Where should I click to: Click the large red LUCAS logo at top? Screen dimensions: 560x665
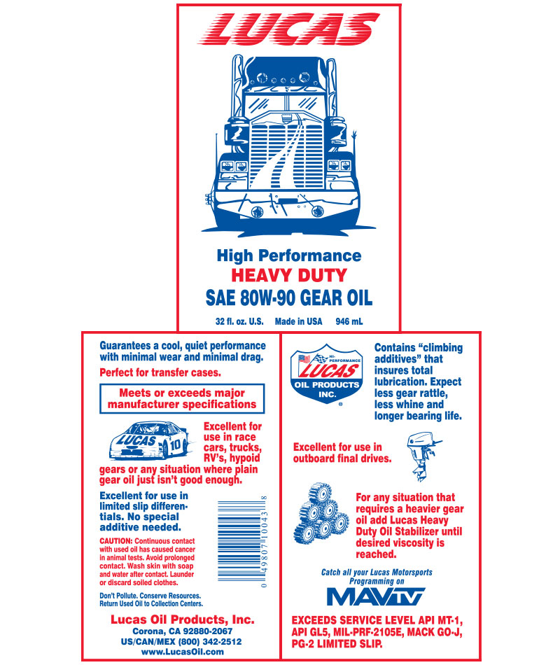pos(288,29)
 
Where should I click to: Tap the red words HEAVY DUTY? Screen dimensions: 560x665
pos(289,275)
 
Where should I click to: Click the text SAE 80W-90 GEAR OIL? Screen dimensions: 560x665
pos(289,297)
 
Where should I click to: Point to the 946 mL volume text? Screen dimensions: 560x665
pos(349,321)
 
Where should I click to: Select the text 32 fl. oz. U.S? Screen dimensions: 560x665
pos(239,321)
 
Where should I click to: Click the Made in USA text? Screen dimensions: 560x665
pos(298,321)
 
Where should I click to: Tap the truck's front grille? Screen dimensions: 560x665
pos(287,150)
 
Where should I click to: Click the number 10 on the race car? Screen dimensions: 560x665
pos(175,445)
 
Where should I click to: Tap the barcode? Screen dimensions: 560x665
pos(243,541)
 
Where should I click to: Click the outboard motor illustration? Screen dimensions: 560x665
pos(423,456)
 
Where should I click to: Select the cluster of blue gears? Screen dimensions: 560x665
pos(321,513)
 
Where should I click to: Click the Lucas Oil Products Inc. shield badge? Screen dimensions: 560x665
pos(326,374)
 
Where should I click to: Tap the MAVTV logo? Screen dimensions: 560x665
pos(376,596)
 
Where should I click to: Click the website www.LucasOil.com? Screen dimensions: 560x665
pos(183,652)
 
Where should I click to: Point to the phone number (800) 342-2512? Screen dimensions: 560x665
pos(209,642)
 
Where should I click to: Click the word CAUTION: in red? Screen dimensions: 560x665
pos(116,541)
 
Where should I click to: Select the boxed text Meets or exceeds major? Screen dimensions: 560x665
pos(182,393)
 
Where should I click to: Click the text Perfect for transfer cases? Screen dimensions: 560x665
pos(160,373)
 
